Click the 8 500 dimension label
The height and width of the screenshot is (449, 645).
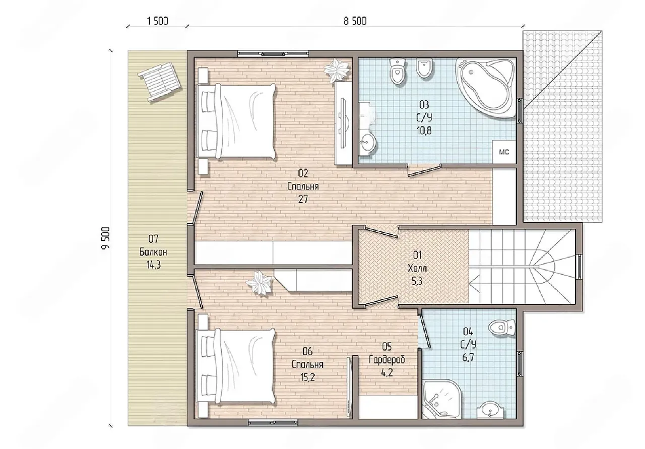click(355, 21)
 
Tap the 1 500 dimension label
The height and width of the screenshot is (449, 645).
click(158, 21)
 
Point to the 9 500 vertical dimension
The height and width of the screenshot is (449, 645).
click(106, 238)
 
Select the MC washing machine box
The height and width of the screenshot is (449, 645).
click(504, 152)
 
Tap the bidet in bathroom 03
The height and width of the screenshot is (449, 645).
click(425, 68)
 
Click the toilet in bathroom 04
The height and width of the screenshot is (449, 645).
click(502, 328)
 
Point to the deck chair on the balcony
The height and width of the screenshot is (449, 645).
click(160, 82)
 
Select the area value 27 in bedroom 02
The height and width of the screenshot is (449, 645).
click(303, 199)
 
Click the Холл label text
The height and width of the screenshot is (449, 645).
click(417, 269)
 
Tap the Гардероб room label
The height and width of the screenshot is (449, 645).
click(386, 360)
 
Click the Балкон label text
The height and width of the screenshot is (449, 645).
click(153, 252)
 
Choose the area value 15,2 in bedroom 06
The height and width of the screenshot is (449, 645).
click(307, 377)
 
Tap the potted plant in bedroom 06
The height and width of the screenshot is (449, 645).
click(259, 283)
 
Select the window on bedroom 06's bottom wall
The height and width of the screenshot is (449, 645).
click(273, 423)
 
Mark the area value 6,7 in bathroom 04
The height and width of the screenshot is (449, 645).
click(468, 358)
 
